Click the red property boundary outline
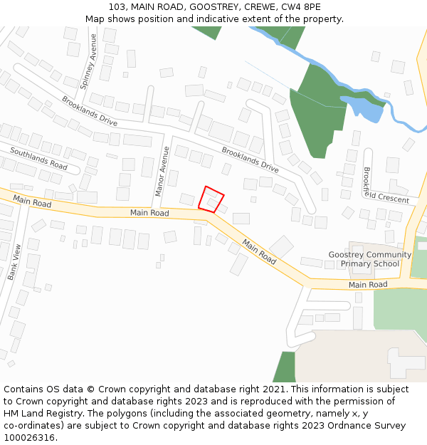[211, 199]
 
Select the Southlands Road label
[38, 158]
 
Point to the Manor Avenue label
[162, 171]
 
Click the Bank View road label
[15, 261]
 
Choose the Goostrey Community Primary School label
[370, 259]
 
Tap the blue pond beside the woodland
[364, 109]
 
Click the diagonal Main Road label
[259, 251]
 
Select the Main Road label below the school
[368, 285]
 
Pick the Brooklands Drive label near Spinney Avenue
[90, 111]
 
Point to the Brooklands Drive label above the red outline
[250, 159]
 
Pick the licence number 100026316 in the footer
[28, 438]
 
